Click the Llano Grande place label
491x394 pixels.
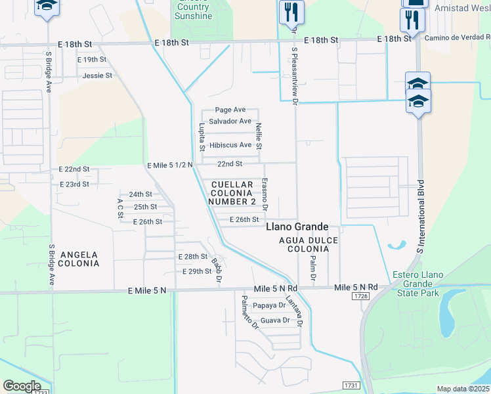(297, 227)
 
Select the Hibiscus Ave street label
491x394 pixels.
(230, 145)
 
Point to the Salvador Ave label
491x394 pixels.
(230, 121)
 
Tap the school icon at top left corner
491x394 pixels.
(46, 7)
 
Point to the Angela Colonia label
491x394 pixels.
(79, 259)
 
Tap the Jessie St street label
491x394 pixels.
(97, 76)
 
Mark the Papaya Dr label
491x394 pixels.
(268, 305)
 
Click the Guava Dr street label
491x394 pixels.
(275, 320)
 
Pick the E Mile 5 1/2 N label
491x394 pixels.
(169, 165)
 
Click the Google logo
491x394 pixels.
(22, 385)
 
